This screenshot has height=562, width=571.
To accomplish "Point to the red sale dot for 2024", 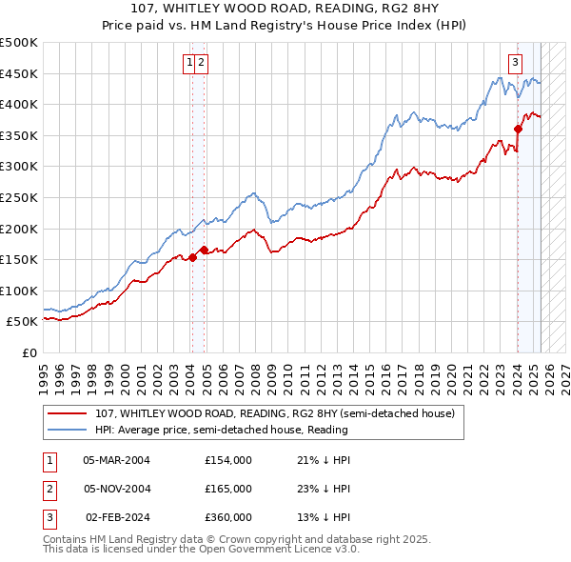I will click(x=518, y=130).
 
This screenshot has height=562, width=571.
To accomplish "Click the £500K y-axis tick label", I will click(x=20, y=43).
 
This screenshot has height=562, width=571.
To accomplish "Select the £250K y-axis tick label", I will click(x=20, y=197).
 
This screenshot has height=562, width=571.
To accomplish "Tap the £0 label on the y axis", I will click(x=30, y=352).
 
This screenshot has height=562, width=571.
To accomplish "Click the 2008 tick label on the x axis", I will click(x=255, y=372).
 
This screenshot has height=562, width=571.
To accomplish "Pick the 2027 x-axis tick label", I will click(x=564, y=372).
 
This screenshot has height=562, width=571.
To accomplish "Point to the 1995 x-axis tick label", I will click(x=45, y=372).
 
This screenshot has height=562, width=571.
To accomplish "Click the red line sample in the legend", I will click(x=68, y=413).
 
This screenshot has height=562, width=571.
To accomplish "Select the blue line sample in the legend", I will click(x=68, y=430).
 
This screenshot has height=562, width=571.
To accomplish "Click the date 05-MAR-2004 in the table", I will click(x=117, y=460).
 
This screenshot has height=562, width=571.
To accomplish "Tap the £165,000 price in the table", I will click(x=228, y=489).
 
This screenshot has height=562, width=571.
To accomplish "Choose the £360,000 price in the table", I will click(x=228, y=517).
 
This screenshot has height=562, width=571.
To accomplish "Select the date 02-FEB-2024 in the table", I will click(x=117, y=517).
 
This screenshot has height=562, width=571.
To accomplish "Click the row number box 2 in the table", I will click(x=49, y=489).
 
